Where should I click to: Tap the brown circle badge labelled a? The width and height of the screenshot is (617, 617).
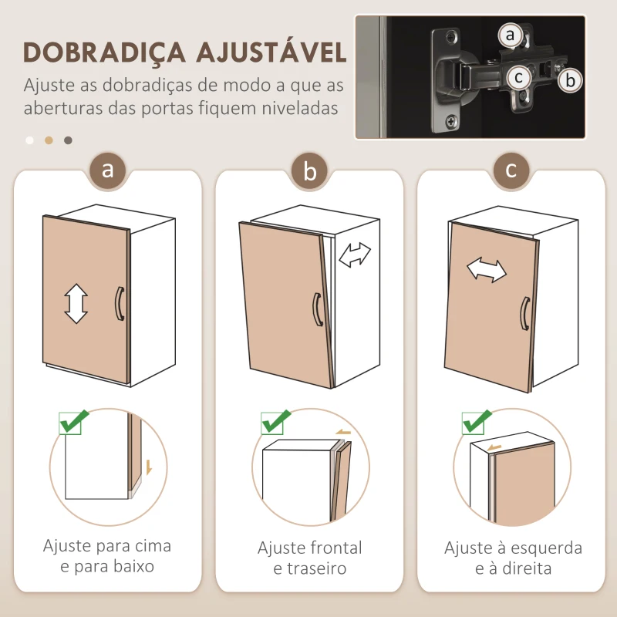pos(108,170)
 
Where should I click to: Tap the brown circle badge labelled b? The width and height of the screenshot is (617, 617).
pos(310,170)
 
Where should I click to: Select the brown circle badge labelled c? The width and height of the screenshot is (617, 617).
pos(512,170)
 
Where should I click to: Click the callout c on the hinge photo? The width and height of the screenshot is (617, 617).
pos(518,76)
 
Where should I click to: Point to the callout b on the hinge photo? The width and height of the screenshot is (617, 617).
pos(570,79)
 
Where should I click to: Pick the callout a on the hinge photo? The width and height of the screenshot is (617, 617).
pos(509,35)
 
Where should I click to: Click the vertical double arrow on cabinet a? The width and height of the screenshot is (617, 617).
pos(76,303)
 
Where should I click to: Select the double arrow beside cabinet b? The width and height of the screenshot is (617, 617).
pos(355,255)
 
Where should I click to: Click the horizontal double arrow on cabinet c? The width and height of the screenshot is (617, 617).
pos(487,270)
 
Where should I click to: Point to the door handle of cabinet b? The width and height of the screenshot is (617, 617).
pos(317,310)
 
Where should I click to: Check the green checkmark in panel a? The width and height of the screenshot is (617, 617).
pos(74,422)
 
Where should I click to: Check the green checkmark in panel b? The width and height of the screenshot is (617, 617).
pos(275,422)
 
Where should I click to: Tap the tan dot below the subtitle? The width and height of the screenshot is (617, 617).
pos(49,140)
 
